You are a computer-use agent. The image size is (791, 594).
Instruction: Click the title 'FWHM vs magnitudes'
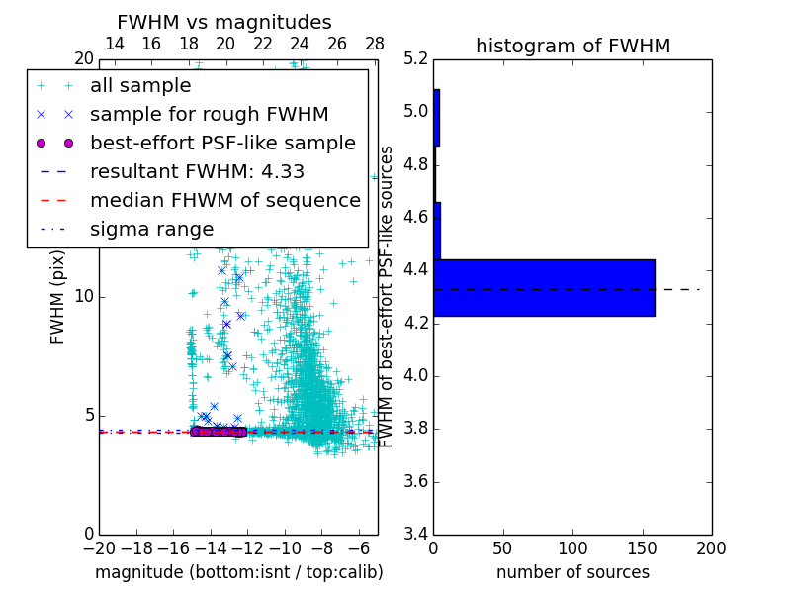click(x=224, y=23)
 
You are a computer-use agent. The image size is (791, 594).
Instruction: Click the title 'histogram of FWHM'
click(x=572, y=46)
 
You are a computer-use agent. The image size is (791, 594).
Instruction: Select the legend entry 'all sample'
click(x=140, y=86)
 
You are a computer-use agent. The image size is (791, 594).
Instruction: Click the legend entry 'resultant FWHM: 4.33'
click(x=197, y=171)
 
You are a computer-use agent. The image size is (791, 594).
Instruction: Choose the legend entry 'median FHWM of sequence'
click(x=225, y=200)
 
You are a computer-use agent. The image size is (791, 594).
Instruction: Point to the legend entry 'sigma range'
click(x=151, y=229)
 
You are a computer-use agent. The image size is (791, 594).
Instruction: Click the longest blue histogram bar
click(x=544, y=288)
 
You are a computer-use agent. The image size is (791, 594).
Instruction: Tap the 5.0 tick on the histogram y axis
click(x=416, y=111)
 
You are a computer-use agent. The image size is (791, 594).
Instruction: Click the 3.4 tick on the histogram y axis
click(x=416, y=535)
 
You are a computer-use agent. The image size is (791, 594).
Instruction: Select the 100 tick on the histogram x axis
click(x=572, y=548)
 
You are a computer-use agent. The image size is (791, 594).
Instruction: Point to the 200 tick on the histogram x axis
click(x=711, y=548)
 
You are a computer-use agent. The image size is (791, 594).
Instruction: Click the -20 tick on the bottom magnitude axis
click(x=99, y=548)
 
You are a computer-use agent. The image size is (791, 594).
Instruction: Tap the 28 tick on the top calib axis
click(x=375, y=44)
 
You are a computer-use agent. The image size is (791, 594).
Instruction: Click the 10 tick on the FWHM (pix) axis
click(x=84, y=297)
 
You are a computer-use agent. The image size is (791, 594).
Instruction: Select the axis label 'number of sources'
click(x=572, y=572)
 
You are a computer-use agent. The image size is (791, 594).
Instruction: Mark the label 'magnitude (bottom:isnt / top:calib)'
click(x=238, y=572)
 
